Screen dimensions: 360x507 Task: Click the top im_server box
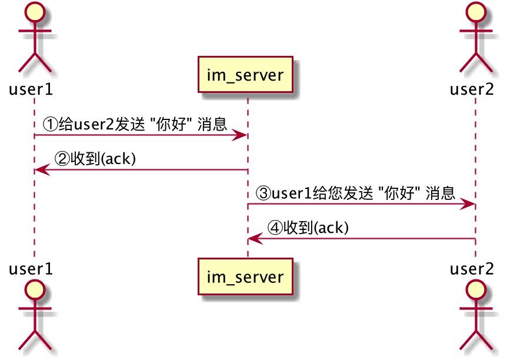click(x=245, y=74)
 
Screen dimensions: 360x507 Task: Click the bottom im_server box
click(x=245, y=276)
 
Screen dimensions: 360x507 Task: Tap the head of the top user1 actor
click(x=34, y=12)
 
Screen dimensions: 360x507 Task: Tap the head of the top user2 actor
click(x=475, y=12)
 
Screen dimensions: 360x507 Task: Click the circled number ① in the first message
click(x=51, y=124)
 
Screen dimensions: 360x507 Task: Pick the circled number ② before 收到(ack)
click(x=62, y=158)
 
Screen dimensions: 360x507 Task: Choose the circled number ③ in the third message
click(x=264, y=192)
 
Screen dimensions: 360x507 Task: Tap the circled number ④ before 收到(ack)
click(x=275, y=227)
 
